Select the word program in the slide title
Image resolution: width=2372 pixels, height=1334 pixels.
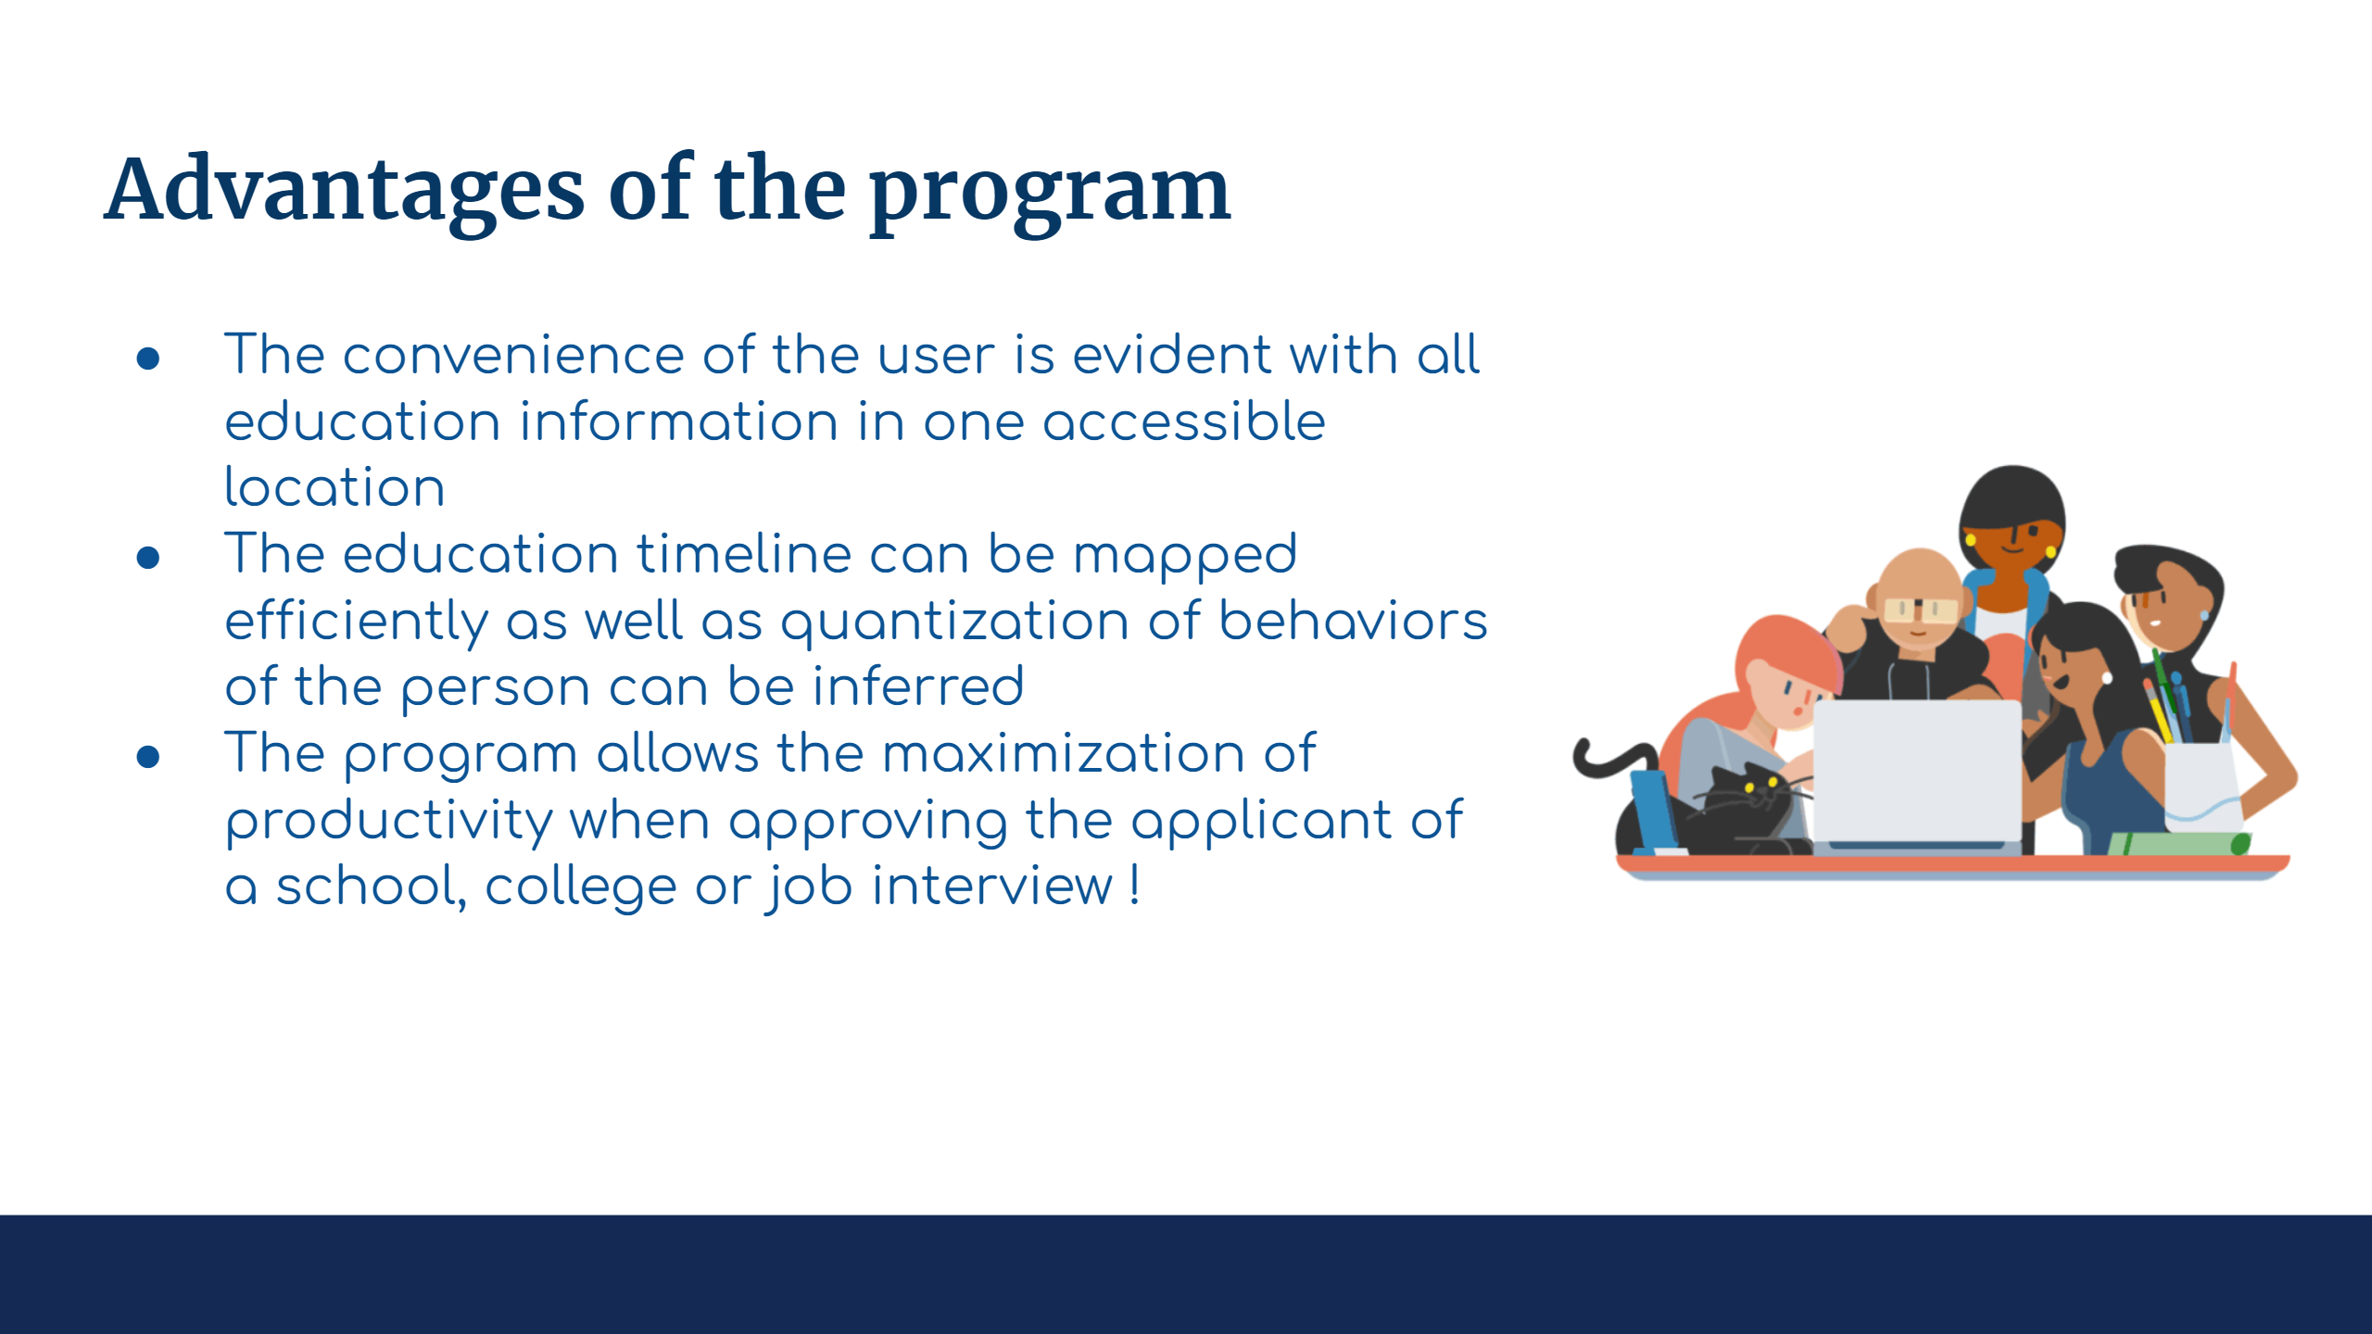click(1050, 195)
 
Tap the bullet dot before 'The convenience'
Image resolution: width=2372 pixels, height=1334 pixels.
click(148, 359)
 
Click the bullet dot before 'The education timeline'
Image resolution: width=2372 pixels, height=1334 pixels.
click(148, 558)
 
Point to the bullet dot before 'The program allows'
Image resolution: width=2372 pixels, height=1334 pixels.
click(148, 757)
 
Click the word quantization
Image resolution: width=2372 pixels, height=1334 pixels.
click(955, 623)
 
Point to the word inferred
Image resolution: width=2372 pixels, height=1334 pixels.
click(918, 686)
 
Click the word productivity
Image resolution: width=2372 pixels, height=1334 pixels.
click(389, 821)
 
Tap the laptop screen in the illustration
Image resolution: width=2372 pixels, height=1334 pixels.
click(1916, 771)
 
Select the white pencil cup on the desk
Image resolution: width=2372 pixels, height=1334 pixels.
click(2202, 787)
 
